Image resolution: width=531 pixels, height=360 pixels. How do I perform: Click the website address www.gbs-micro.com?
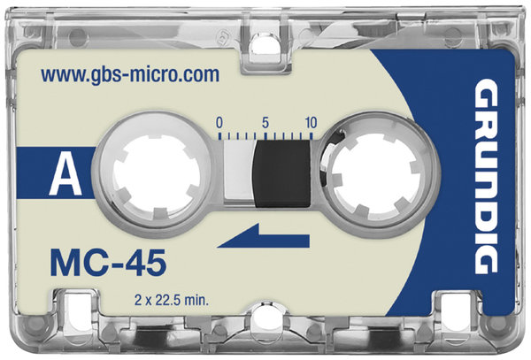(x=130, y=75)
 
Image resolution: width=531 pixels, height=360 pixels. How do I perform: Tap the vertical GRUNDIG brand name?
(x=486, y=176)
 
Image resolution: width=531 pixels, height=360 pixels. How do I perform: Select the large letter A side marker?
(x=65, y=172)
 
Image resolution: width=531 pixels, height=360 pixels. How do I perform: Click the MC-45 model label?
(x=108, y=263)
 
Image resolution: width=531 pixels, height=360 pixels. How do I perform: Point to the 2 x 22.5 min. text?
(x=172, y=300)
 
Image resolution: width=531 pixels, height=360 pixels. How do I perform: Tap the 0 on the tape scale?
(x=219, y=123)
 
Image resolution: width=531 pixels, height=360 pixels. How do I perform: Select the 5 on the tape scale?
(x=265, y=122)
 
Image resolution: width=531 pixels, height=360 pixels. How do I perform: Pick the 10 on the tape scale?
(x=311, y=122)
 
